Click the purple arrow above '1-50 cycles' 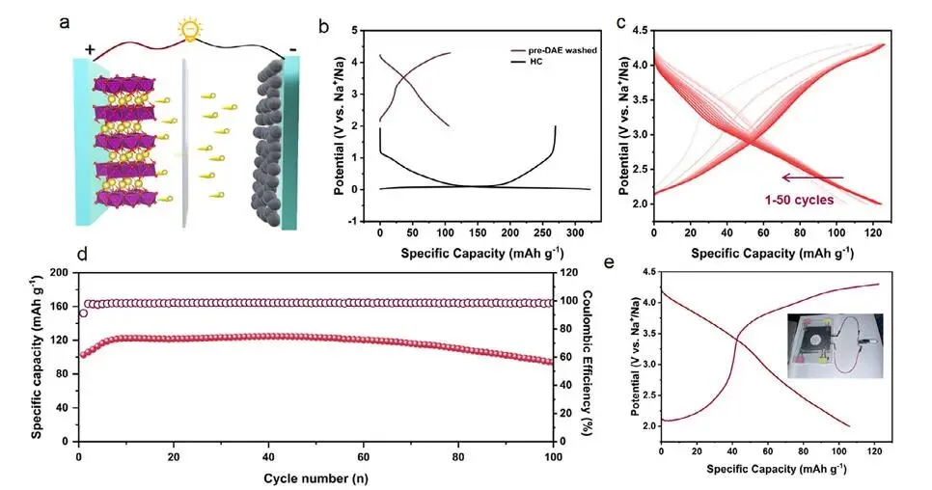[x=812, y=177]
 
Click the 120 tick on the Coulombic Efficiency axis [x=569, y=274]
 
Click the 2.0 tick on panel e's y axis [x=650, y=425]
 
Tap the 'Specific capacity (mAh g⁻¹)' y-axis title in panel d [x=36, y=357]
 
